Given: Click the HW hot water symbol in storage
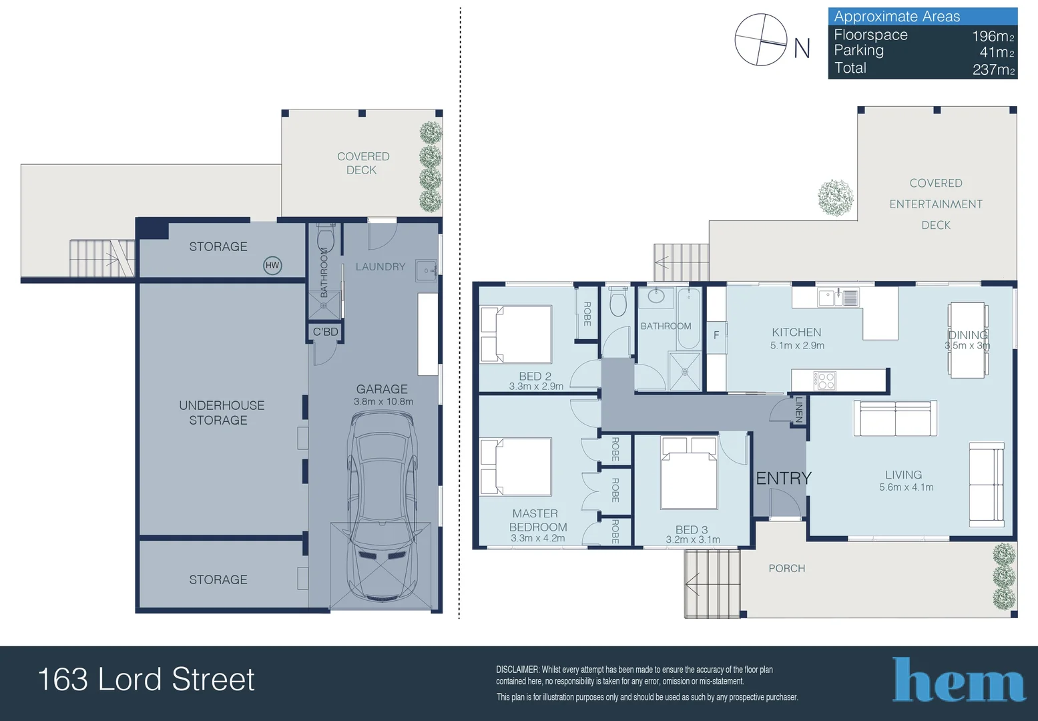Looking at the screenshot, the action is tap(272, 266).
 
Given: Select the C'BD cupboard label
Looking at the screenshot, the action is tap(326, 332).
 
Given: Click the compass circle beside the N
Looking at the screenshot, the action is tap(760, 40).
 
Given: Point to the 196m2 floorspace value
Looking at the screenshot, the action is tap(993, 35).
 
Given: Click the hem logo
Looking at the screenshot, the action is tap(959, 680).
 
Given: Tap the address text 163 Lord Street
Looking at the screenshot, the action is tap(146, 680).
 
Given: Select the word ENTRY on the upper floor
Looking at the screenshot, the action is tap(784, 478).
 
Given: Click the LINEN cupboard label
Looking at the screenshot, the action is tap(798, 410).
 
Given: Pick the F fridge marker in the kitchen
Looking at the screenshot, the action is tap(716, 334).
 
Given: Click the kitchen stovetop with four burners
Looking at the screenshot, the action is tap(824, 381).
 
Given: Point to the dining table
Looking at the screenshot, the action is tap(967, 340).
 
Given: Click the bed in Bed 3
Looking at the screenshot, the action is tap(690, 473).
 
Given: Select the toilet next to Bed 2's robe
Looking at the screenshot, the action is tap(619, 300).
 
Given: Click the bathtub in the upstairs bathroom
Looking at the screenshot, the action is tap(688, 318).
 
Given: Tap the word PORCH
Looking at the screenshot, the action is tap(786, 568).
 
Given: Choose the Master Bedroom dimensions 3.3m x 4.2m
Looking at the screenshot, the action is tap(538, 539).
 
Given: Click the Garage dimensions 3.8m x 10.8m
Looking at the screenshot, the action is tap(383, 402).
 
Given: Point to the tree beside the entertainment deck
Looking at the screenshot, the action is tap(836, 198).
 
